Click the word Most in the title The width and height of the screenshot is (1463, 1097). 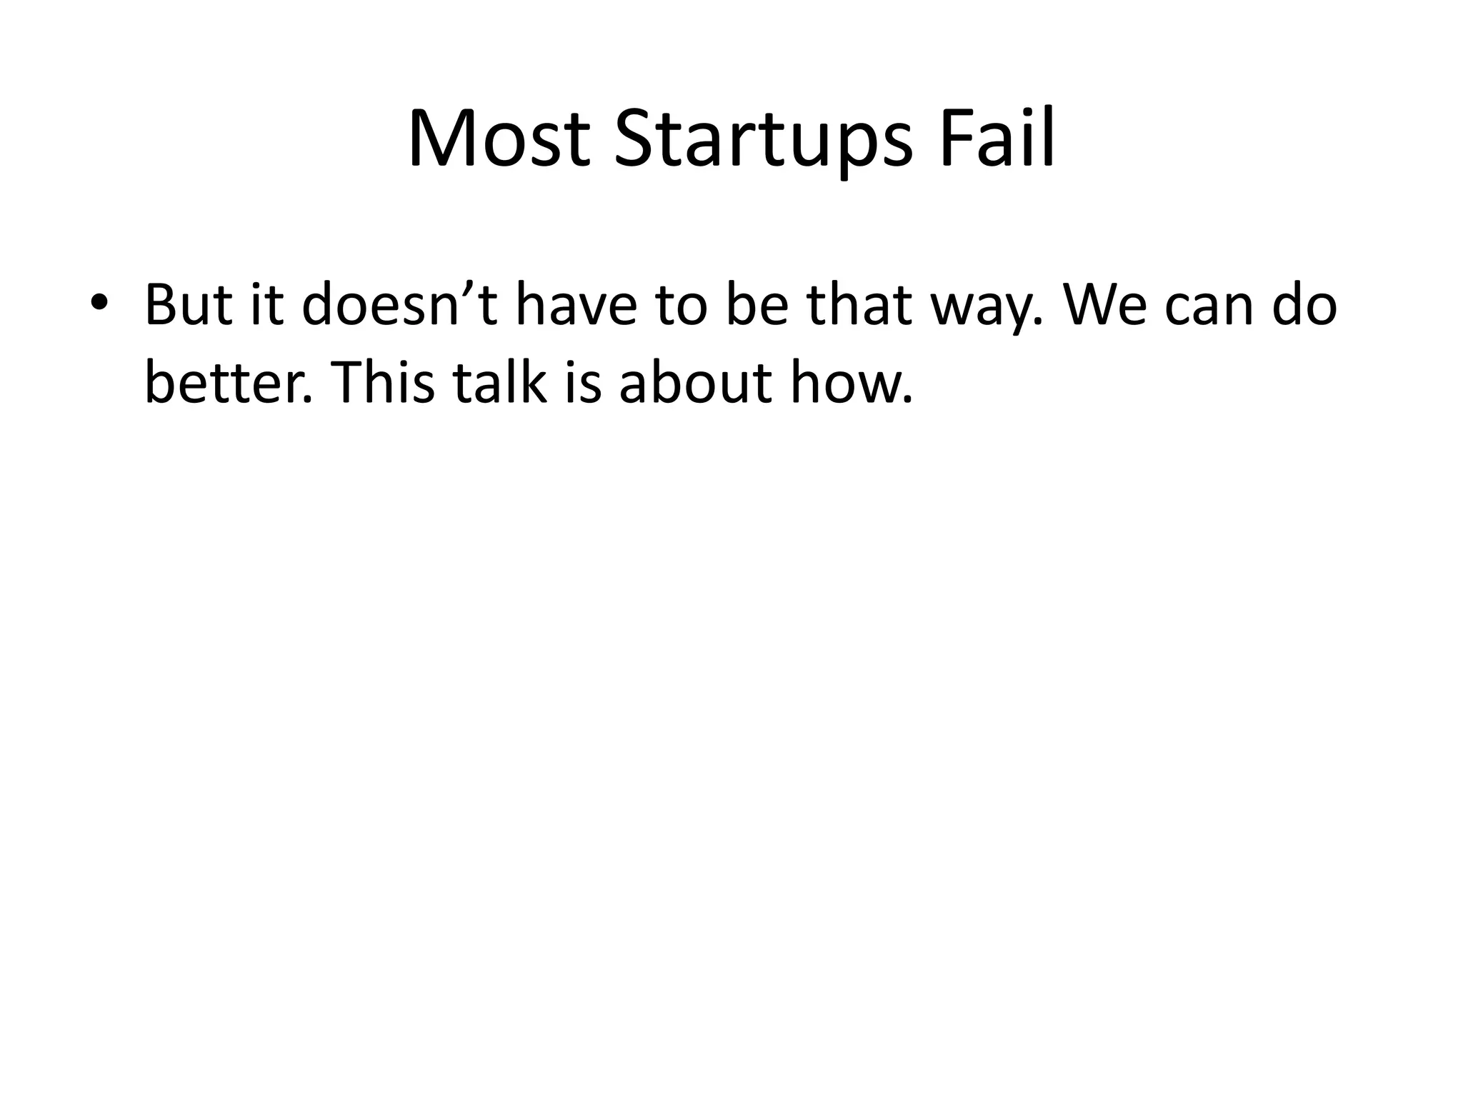pyautogui.click(x=499, y=139)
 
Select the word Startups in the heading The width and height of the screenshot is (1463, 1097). pyautogui.click(x=762, y=139)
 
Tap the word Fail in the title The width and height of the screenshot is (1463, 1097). pyautogui.click(x=997, y=139)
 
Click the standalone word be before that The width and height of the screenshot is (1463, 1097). pyautogui.click(x=758, y=304)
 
